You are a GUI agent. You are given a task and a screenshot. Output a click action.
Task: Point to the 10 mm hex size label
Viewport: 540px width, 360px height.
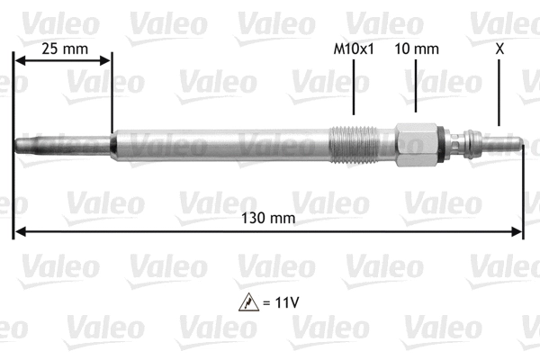point(417,49)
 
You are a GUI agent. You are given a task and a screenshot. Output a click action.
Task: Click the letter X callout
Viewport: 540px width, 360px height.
point(499,49)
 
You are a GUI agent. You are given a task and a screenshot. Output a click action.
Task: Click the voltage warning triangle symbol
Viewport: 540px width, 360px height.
point(246,301)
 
